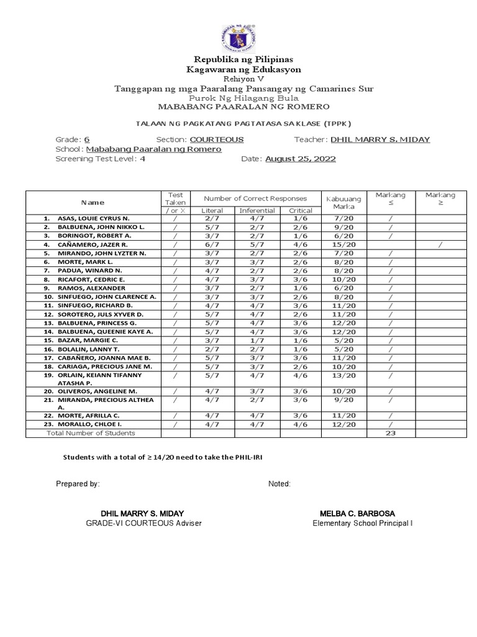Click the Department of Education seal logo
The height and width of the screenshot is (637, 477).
238,38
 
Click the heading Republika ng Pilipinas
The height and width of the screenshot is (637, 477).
239,59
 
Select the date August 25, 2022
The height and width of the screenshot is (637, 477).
301,159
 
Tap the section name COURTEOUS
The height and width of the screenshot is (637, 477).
216,139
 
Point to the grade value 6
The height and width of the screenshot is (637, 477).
87,139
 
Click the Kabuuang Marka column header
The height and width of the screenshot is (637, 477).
343,202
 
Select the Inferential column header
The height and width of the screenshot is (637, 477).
257,211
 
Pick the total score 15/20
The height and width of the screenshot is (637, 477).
343,245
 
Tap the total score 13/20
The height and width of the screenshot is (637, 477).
343,376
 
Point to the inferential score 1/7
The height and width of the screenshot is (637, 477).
257,341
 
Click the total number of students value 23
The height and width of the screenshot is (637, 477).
391,433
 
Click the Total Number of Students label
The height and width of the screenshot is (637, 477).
91,433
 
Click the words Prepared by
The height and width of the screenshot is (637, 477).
78,484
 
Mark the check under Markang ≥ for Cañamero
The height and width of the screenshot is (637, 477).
440,245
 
